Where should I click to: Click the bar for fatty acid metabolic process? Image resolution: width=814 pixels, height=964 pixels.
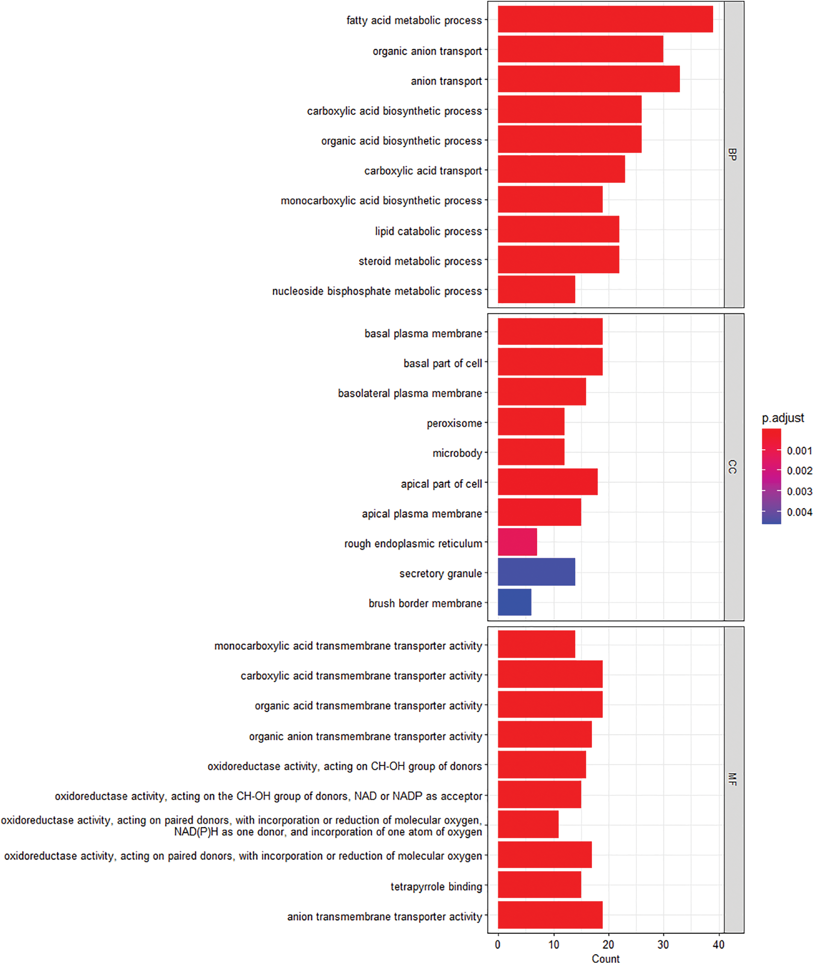click(x=605, y=19)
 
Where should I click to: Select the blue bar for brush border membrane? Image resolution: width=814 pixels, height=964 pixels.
click(x=514, y=602)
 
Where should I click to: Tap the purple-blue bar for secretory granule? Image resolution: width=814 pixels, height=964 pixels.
click(x=536, y=572)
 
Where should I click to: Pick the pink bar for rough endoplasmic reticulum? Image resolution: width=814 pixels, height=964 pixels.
click(x=517, y=542)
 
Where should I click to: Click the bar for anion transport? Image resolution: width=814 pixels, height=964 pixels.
click(x=588, y=79)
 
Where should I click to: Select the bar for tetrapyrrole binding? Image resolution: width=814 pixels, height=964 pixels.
click(x=539, y=884)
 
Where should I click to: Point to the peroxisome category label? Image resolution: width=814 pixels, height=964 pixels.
click(x=454, y=423)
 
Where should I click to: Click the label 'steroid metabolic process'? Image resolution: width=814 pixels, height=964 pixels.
click(x=420, y=261)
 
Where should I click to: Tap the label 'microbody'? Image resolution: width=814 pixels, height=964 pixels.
click(x=457, y=454)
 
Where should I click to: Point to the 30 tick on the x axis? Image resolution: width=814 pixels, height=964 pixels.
click(x=663, y=945)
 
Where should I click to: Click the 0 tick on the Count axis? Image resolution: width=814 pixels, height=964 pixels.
click(x=497, y=945)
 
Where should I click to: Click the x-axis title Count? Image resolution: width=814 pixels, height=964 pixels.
click(x=605, y=958)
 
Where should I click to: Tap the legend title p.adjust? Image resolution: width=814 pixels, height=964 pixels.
click(x=783, y=418)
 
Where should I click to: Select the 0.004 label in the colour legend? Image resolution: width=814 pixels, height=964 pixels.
click(x=799, y=512)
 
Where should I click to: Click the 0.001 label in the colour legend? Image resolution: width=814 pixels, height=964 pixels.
click(x=799, y=451)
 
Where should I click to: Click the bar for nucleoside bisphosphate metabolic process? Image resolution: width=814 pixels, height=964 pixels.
click(x=536, y=289)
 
